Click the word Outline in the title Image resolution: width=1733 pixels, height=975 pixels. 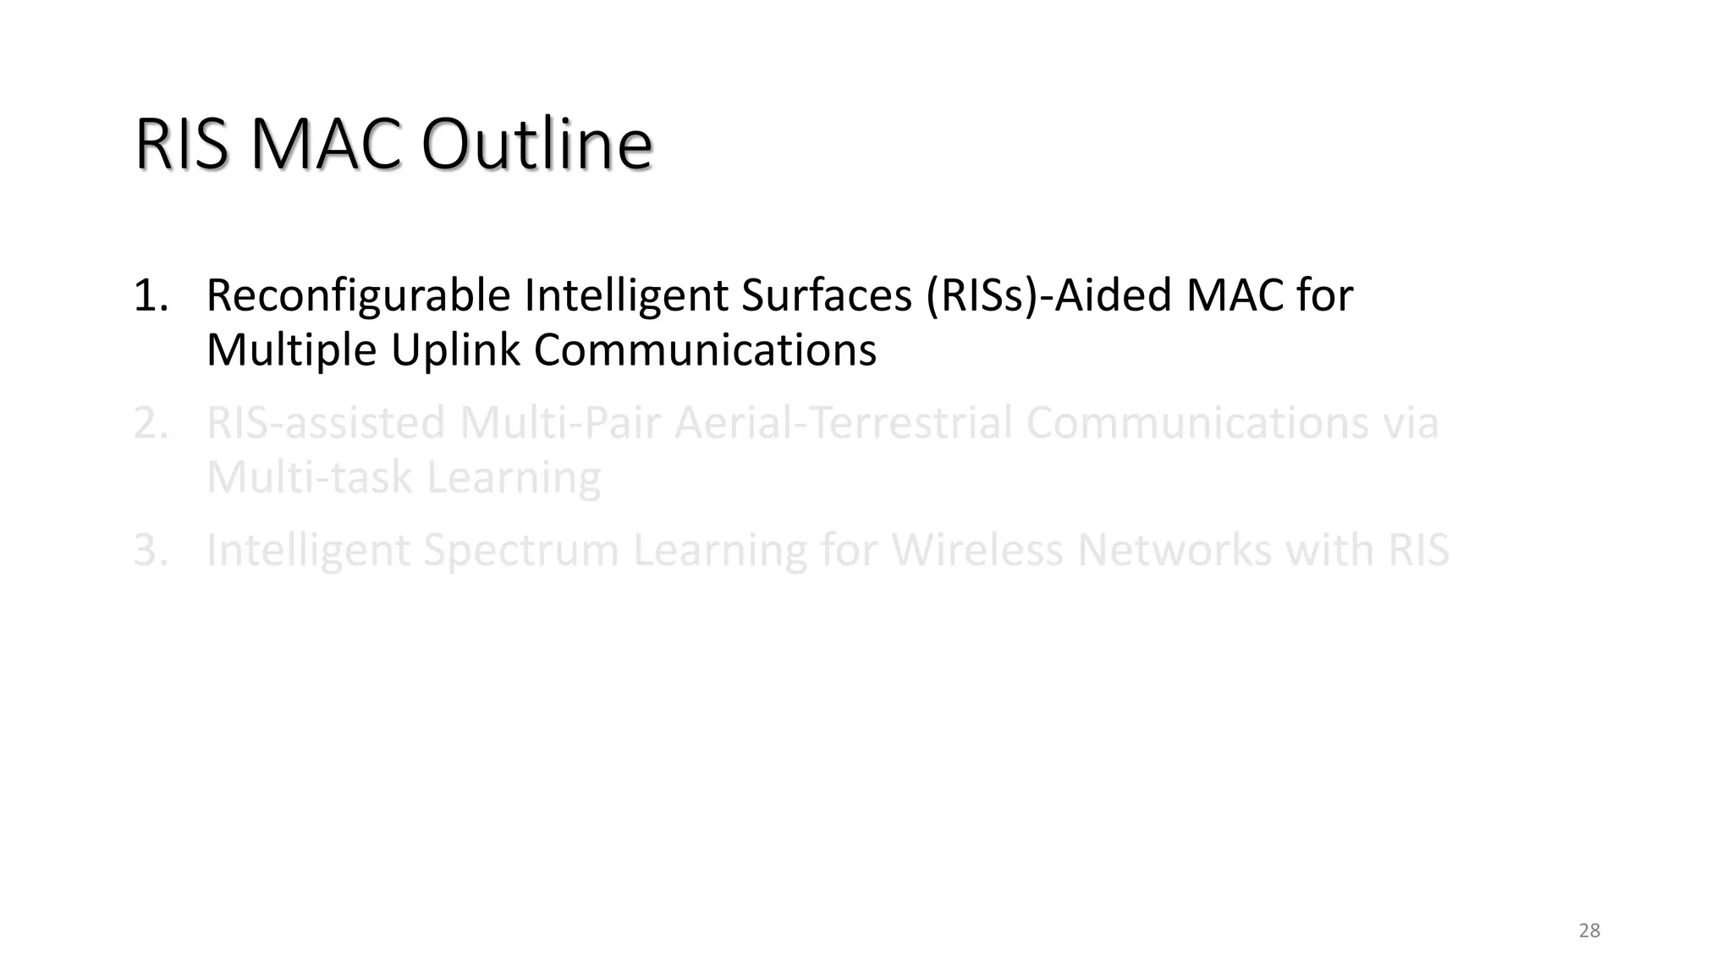click(536, 145)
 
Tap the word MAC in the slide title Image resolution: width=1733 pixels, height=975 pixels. click(326, 145)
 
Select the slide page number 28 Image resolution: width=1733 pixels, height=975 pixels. click(1589, 931)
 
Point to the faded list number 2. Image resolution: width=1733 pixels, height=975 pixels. click(150, 423)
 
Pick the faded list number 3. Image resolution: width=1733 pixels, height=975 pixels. click(150, 550)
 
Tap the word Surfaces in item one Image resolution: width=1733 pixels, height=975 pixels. click(826, 295)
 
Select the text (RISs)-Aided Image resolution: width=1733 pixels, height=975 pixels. click(1048, 295)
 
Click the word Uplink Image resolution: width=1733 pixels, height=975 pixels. click(454, 350)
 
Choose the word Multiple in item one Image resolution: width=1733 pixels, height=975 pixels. click(291, 350)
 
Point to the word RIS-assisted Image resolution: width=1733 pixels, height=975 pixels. click(326, 423)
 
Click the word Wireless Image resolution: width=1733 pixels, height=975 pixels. click(977, 550)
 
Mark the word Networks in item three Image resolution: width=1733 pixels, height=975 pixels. click(1174, 550)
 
